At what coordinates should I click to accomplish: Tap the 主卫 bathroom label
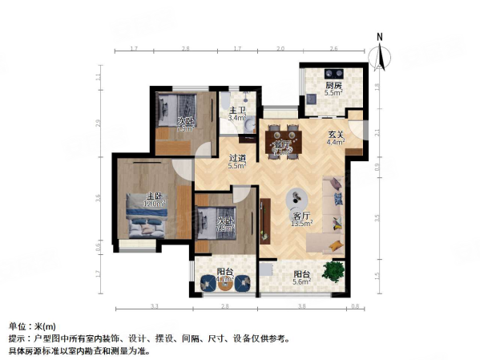(236, 110)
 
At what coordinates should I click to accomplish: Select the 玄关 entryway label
(336, 135)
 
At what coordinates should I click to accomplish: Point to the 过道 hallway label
(236, 158)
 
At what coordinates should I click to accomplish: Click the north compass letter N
(381, 37)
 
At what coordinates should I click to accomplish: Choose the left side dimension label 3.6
(98, 197)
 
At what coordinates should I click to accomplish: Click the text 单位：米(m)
(33, 326)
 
